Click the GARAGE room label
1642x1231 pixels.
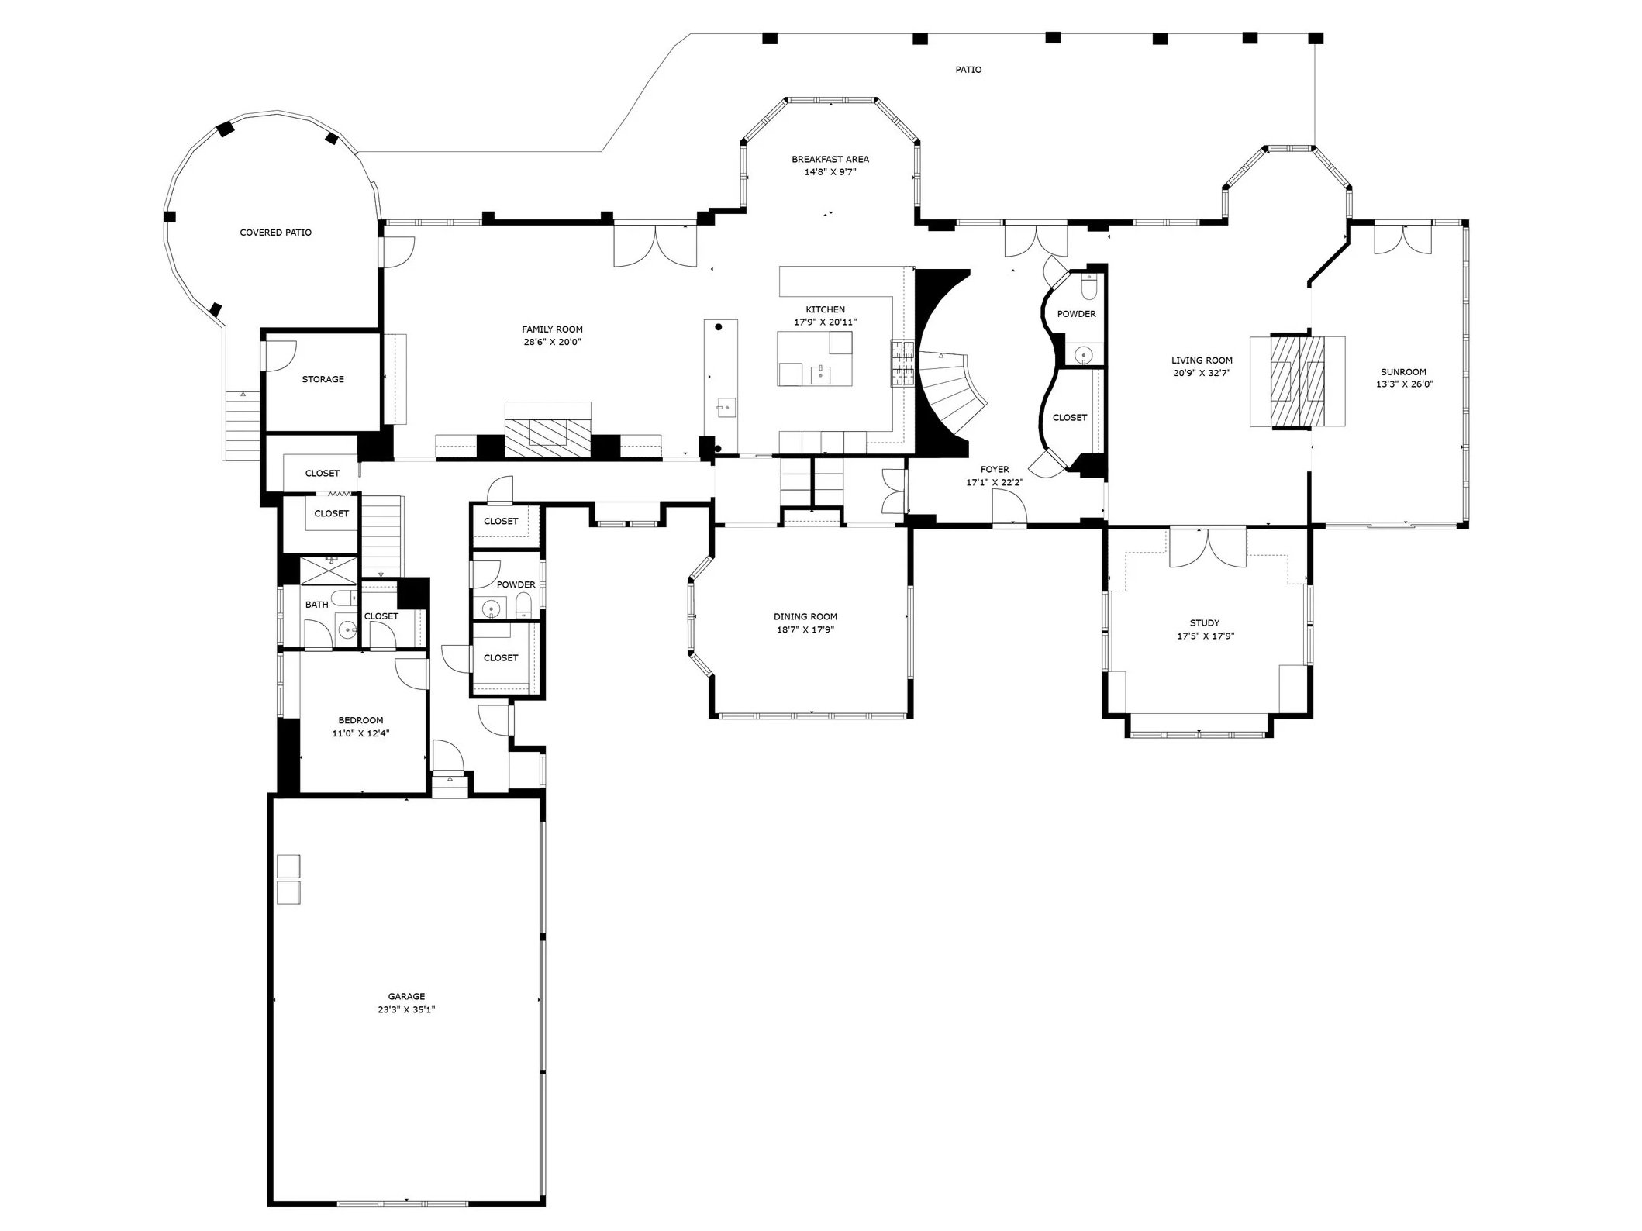[406, 996]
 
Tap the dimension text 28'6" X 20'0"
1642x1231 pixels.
[552, 342]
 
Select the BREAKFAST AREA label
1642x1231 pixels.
[830, 159]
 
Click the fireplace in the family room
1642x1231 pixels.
[547, 439]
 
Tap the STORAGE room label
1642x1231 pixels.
[323, 379]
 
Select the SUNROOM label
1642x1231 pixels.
[1403, 371]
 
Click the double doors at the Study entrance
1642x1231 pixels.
[1207, 548]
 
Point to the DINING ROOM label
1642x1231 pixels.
[805, 616]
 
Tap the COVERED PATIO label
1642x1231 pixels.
[275, 233]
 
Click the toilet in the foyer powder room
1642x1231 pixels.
[1089, 288]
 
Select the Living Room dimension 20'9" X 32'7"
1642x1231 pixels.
[1202, 373]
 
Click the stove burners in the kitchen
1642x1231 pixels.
[902, 364]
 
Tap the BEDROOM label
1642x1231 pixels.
[360, 720]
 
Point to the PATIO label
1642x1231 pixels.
[968, 70]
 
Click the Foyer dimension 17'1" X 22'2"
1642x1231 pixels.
[994, 482]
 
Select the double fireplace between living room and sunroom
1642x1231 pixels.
[1296, 381]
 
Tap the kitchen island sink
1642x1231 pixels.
[820, 375]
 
